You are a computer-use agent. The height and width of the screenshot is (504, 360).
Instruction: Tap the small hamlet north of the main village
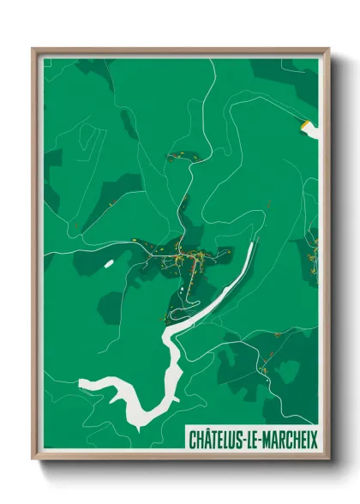[x=181, y=157]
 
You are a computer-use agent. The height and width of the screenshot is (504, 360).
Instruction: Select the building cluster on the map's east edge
[x=314, y=252]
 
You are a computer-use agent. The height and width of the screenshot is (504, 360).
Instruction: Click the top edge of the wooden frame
[x=180, y=51]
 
